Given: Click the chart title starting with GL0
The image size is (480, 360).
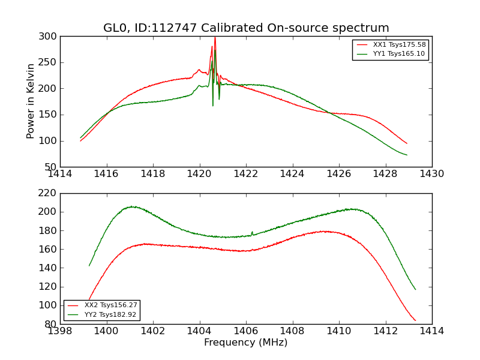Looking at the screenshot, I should (246, 28).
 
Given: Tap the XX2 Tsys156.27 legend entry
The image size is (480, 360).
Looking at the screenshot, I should (111, 305).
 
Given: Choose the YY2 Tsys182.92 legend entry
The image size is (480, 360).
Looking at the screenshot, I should (111, 314).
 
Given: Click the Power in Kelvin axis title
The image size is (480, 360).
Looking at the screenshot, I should (31, 101).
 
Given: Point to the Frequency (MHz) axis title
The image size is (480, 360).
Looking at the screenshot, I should (246, 343).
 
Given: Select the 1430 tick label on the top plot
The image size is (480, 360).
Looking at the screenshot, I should (431, 174).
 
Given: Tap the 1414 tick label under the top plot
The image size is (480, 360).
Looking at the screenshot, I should (60, 174).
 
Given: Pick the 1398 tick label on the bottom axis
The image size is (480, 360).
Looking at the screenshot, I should (60, 331).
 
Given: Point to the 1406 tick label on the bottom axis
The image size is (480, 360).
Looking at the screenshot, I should (245, 331).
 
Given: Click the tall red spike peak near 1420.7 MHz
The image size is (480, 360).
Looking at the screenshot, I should (215, 38).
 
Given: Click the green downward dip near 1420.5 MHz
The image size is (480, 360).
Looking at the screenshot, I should (212, 106).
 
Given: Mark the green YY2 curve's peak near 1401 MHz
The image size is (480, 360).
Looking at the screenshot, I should (131, 206).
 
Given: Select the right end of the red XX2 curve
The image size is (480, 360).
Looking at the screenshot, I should (415, 320).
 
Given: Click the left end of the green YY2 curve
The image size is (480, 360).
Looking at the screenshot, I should (89, 265).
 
